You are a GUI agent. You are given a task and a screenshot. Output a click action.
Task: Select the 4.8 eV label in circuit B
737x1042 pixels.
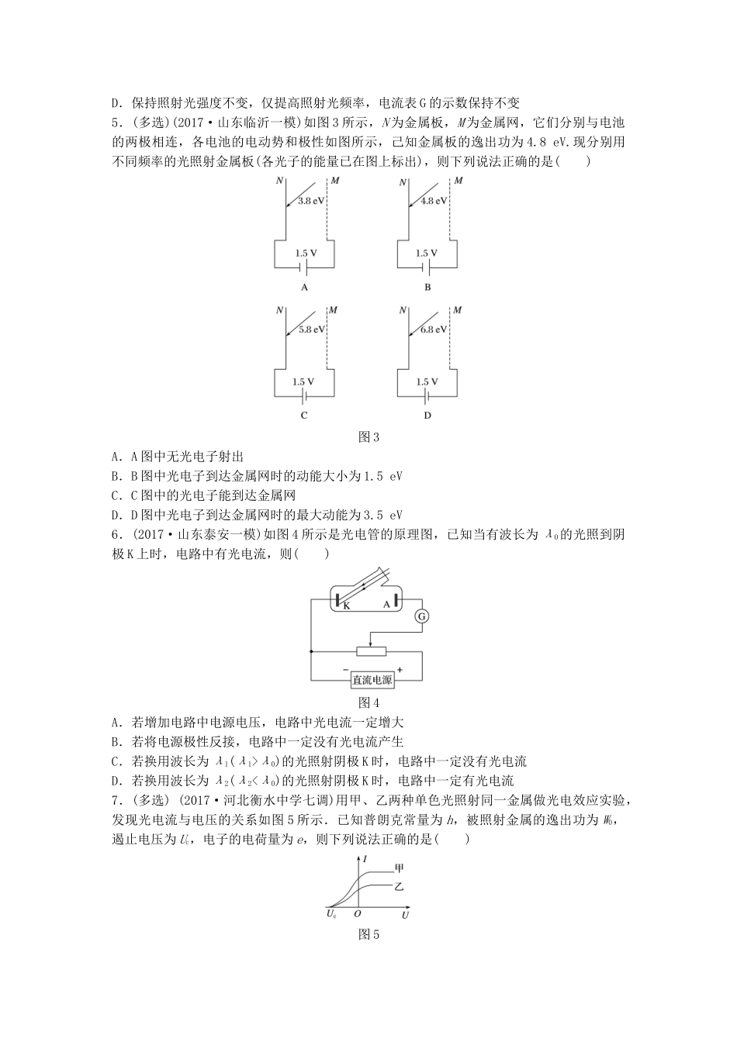(x=434, y=200)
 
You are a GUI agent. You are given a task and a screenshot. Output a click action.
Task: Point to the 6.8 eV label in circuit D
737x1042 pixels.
(x=434, y=330)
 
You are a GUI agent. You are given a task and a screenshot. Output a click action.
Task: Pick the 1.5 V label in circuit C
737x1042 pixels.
(x=304, y=381)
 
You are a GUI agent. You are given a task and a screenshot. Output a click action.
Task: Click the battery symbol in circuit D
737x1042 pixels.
(x=427, y=396)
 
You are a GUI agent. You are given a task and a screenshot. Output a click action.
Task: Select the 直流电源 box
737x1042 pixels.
(x=372, y=680)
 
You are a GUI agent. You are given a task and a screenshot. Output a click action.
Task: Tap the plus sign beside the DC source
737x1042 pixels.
(x=400, y=668)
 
